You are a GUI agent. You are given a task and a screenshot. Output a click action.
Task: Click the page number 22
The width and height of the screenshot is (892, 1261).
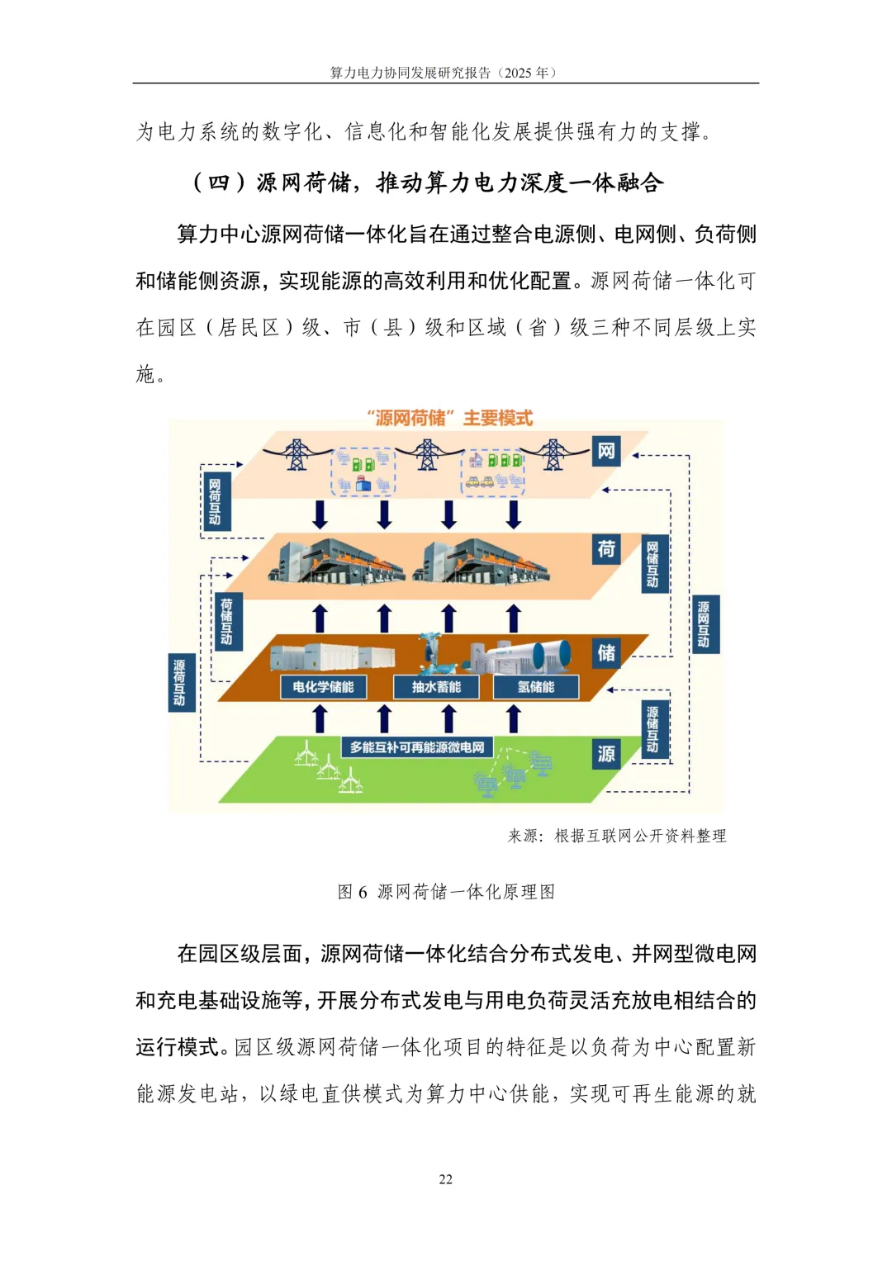coord(445,1179)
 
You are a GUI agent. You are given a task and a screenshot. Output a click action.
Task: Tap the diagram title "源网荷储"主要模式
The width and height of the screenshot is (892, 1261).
coord(450,418)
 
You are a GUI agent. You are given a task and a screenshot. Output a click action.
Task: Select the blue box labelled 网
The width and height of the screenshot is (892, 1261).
coord(606,451)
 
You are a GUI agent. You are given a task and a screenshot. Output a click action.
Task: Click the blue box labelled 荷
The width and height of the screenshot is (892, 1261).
coord(606,548)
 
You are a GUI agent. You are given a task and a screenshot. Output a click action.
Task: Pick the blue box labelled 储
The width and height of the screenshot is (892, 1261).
coord(606,652)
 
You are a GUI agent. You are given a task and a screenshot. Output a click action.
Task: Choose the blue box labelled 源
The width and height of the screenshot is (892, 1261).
coord(606,753)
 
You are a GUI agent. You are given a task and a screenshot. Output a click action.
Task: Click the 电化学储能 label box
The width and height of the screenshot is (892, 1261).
coord(323,686)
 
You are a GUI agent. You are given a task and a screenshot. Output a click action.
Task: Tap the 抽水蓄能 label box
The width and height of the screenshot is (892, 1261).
coord(436,686)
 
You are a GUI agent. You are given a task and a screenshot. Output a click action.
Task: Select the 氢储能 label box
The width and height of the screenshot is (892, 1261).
coord(535,686)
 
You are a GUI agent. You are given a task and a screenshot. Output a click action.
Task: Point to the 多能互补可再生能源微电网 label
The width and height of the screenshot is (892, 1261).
coord(417,747)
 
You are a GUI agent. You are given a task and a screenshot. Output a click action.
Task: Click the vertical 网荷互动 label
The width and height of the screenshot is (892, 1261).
coord(215,501)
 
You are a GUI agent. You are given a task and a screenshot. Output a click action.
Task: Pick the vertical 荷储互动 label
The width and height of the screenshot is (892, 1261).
coord(226,621)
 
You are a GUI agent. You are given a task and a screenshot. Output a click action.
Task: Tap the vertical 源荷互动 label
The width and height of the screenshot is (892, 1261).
coord(179,682)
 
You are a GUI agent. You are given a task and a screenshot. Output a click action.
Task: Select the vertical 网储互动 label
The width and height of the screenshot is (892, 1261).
coord(652,565)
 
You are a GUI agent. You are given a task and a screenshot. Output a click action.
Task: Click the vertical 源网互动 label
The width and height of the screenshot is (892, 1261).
coord(703,624)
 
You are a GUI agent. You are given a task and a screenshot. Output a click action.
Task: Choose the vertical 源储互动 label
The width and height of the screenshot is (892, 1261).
coord(652,729)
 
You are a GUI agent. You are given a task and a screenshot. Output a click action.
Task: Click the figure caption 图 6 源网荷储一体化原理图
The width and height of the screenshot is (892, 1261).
coord(446,892)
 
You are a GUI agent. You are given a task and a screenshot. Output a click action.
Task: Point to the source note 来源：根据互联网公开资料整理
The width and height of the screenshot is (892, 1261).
coord(616,836)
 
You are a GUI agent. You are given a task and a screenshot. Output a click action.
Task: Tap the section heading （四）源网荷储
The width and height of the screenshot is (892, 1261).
coord(428,183)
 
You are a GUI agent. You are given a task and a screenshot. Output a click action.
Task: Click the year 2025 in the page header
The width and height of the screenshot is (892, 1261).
coord(518,73)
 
